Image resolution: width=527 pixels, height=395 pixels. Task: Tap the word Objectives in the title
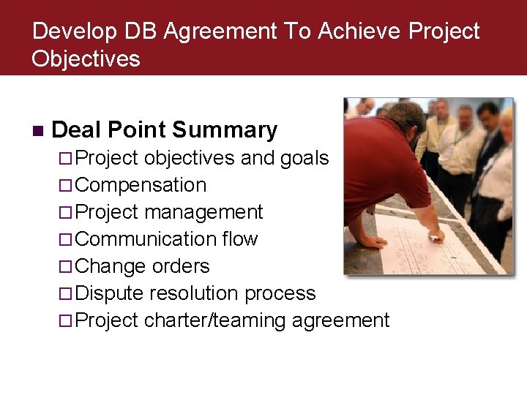click(x=86, y=59)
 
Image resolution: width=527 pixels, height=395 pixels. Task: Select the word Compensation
click(x=141, y=185)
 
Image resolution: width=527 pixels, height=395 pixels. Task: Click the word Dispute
click(x=109, y=293)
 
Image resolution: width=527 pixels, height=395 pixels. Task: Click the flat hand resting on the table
click(x=372, y=241)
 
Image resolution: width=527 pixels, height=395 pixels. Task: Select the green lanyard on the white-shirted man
click(x=460, y=136)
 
